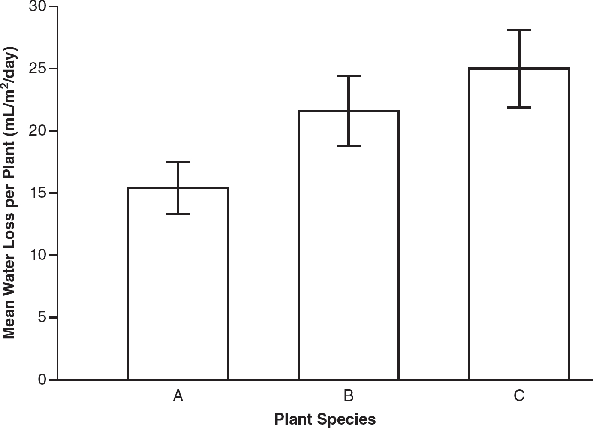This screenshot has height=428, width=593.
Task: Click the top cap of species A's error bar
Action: point(178,162)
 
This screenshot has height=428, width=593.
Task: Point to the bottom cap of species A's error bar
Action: point(178,214)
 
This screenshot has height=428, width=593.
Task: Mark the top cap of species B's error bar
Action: point(349,76)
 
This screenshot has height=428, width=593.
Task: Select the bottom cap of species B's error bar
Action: point(349,146)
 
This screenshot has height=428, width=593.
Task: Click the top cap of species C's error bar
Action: point(519,30)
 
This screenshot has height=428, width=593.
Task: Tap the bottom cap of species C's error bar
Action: point(519,107)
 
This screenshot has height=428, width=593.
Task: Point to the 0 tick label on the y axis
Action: point(42,380)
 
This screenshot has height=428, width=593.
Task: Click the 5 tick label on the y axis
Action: point(42,317)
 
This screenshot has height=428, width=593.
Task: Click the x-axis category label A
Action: point(178,396)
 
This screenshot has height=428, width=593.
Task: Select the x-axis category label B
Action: point(349,396)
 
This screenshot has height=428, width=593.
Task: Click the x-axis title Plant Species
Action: point(325,419)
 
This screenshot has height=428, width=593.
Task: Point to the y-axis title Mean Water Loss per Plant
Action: point(9,193)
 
